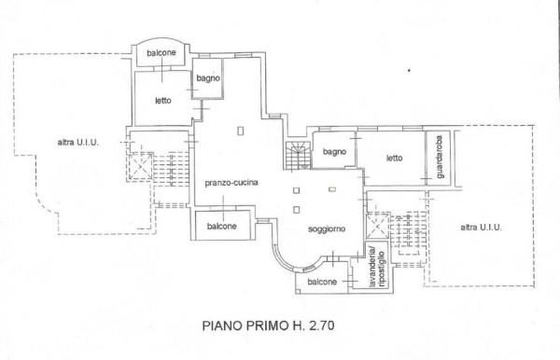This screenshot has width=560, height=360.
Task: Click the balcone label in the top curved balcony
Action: pos(160,54)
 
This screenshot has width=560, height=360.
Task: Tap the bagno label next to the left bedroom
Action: pos(207,79)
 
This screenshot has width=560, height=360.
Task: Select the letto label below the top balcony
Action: pos(161,101)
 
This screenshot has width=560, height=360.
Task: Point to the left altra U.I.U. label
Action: pos(77,142)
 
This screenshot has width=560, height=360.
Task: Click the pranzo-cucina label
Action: pos(231,183)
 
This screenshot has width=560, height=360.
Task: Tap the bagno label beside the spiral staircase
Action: pos(335,152)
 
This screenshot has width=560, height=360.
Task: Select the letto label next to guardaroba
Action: pos(394,158)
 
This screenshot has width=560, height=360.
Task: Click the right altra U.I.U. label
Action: pos(480,227)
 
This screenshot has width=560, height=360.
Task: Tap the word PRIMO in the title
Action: pos(271,327)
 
